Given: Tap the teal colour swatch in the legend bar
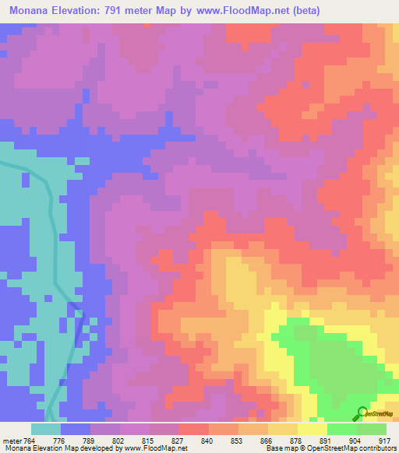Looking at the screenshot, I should coord(46,429).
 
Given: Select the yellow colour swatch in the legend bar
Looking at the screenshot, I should coord(312,429).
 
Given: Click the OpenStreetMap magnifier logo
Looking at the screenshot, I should coord(362,413).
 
